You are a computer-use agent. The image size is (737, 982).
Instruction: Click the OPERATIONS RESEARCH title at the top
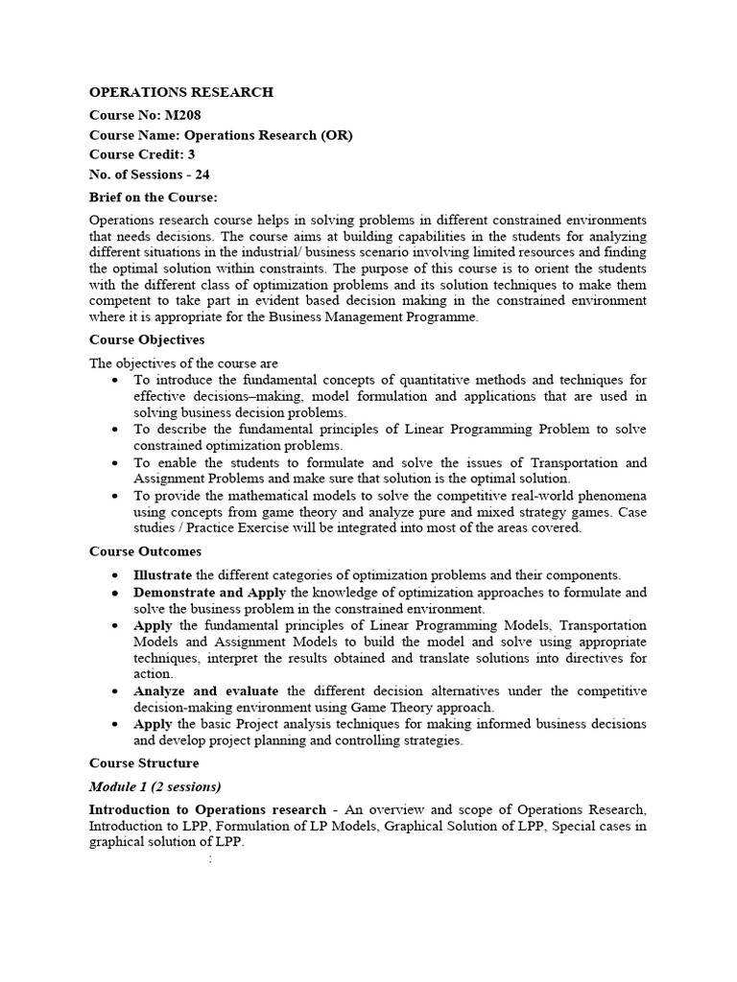pyautogui.click(x=181, y=92)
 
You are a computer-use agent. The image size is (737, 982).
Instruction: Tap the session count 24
pyautogui.click(x=202, y=175)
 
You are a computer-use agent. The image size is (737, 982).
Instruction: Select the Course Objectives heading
pyautogui.click(x=147, y=339)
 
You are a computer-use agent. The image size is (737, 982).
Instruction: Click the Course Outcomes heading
pyautogui.click(x=145, y=551)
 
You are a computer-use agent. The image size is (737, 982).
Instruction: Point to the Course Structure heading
pyautogui.click(x=144, y=763)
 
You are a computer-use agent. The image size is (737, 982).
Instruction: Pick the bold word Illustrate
pyautogui.click(x=163, y=575)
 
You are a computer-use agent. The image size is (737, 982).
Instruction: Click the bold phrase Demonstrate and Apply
pyautogui.click(x=210, y=593)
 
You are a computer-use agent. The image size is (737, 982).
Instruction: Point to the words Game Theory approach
pyautogui.click(x=437, y=708)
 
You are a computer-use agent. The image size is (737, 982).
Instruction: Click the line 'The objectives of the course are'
pyautogui.click(x=183, y=363)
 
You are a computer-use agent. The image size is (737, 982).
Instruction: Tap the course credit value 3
pyautogui.click(x=205, y=154)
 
